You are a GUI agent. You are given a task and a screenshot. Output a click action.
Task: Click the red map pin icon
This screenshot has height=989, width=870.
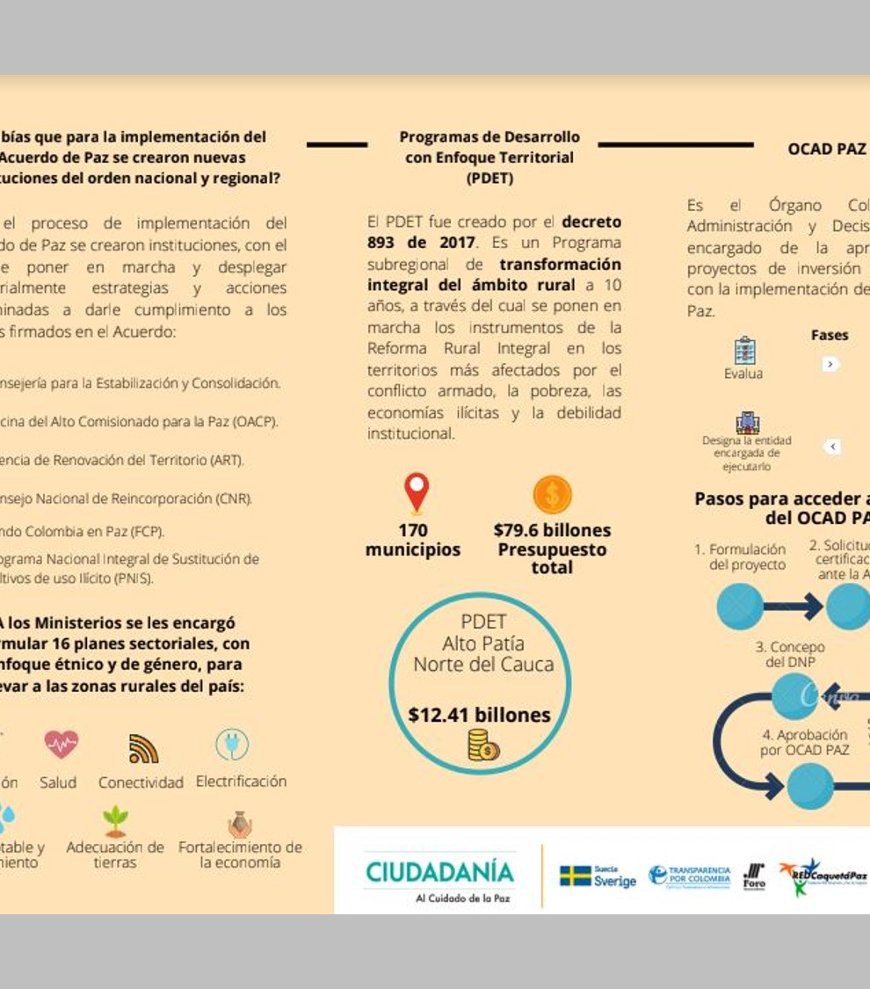pos(417,491)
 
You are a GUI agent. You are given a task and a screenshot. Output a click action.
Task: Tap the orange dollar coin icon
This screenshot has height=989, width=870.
pos(552,494)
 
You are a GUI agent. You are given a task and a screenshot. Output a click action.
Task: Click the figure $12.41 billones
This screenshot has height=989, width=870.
pos(479,715)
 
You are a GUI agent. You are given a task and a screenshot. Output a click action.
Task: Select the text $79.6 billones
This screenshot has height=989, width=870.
pos(552,530)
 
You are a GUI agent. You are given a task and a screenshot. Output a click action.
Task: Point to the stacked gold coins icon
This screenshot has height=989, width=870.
pos(482,746)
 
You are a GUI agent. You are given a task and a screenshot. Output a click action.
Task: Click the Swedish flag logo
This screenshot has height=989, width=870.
pos(576,876)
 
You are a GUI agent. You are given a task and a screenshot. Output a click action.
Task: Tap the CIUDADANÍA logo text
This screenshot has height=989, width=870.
pos(439,872)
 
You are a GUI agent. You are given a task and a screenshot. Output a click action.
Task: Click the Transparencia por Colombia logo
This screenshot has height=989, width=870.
pos(690,876)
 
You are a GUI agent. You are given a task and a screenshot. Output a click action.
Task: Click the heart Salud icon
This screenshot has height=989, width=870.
pos(62,745)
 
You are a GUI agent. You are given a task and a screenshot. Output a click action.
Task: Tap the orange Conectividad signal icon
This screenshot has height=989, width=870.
pos(143,748)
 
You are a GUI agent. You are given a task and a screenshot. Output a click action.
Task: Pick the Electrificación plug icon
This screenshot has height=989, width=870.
pos(232,745)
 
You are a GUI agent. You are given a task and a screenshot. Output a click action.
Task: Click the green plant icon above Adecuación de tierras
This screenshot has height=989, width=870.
pos(115,820)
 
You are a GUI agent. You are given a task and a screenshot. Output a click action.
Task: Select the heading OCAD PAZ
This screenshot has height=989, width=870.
pos(826,149)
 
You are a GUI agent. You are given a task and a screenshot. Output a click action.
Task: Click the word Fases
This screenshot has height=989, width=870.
pos(830,335)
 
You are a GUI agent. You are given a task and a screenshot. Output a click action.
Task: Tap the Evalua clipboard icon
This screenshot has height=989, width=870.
pos(744,349)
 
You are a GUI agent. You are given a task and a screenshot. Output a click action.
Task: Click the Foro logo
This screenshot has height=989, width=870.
pos(754,876)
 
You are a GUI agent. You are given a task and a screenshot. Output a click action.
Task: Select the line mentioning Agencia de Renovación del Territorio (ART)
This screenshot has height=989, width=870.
pos(123,460)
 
